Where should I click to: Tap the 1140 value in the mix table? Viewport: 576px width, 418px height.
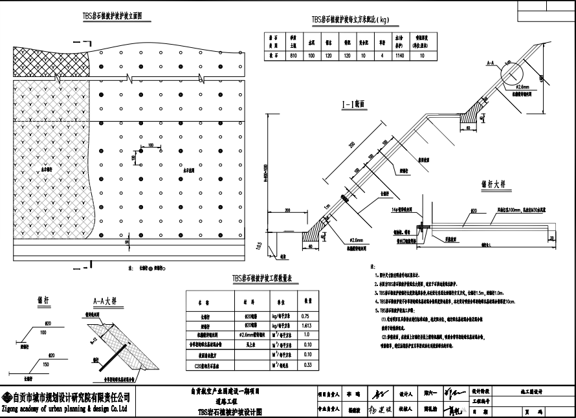tap(400, 56)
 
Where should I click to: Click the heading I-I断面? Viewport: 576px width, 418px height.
tap(353, 103)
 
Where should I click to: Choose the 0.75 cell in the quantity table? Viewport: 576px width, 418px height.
tap(307, 315)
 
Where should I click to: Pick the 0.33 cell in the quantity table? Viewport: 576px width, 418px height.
tap(307, 365)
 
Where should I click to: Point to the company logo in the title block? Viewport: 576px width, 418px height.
tap(6, 397)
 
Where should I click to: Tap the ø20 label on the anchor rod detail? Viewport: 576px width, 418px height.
tap(474, 211)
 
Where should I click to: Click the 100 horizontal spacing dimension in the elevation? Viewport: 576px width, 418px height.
tap(151, 146)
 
